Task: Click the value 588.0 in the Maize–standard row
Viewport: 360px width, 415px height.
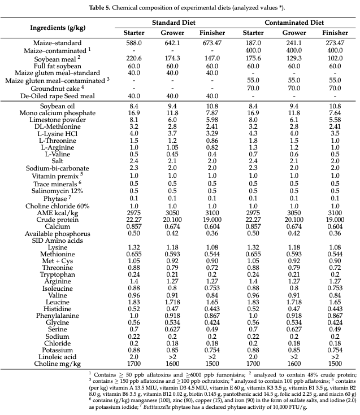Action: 134,43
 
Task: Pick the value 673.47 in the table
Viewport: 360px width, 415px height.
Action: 212,43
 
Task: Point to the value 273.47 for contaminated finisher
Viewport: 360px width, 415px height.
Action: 335,43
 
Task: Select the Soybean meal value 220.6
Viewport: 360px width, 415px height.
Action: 134,58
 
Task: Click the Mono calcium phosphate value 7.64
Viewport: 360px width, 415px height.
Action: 335,113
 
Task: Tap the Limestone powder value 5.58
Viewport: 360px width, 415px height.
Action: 335,121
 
